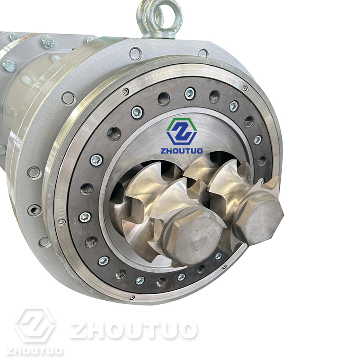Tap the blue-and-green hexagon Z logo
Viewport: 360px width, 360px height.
(182, 131)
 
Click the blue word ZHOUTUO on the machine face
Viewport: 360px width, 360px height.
(182, 151)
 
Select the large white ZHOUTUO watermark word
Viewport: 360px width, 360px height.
(134, 330)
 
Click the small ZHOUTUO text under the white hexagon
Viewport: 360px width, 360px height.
(35, 351)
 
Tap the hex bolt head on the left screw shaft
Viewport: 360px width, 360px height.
(195, 237)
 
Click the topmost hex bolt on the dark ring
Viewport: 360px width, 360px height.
(189, 93)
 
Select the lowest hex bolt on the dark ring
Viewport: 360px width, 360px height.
(140, 280)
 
